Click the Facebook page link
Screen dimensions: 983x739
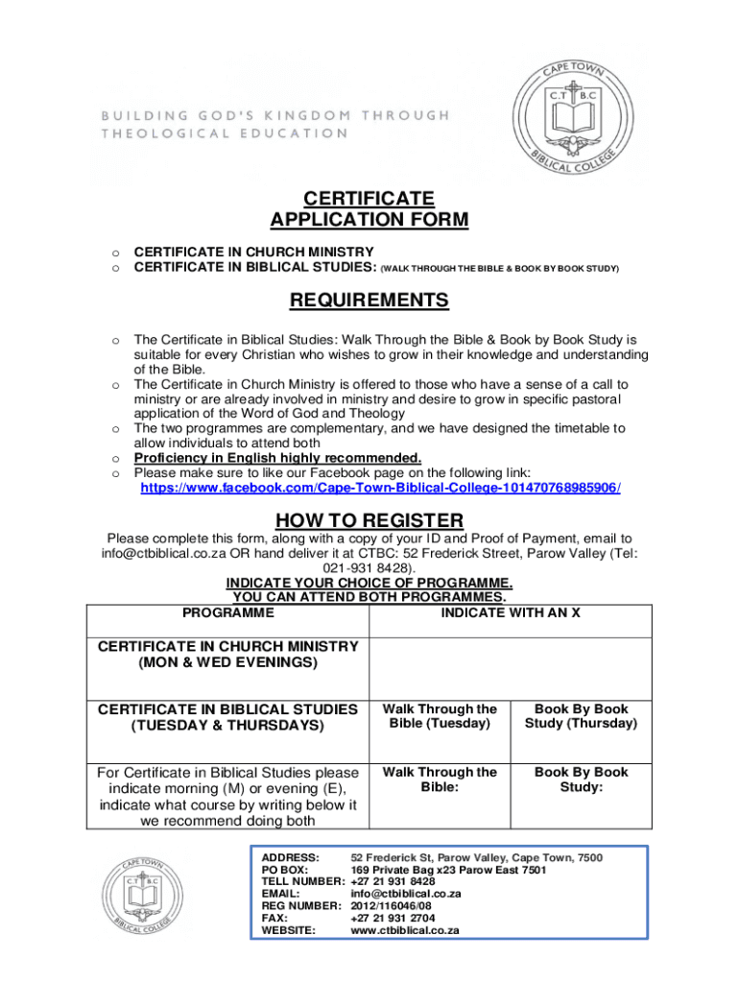tap(380, 488)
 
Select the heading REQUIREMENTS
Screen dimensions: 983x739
tap(369, 300)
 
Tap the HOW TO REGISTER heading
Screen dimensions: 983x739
tap(369, 520)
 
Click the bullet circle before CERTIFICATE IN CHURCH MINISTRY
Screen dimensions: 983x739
tap(114, 252)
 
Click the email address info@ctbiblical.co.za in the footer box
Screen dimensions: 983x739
tap(406, 894)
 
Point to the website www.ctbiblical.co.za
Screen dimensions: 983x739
tap(405, 930)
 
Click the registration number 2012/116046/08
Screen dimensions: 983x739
tap(392, 906)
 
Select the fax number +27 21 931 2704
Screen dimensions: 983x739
tap(393, 919)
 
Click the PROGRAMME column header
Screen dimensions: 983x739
tap(227, 612)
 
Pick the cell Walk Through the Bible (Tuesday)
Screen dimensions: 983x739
tap(440, 716)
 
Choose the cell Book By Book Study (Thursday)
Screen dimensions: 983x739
tap(581, 716)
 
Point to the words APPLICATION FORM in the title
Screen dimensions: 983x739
tap(369, 221)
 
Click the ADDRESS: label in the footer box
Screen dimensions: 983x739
tap(291, 857)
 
